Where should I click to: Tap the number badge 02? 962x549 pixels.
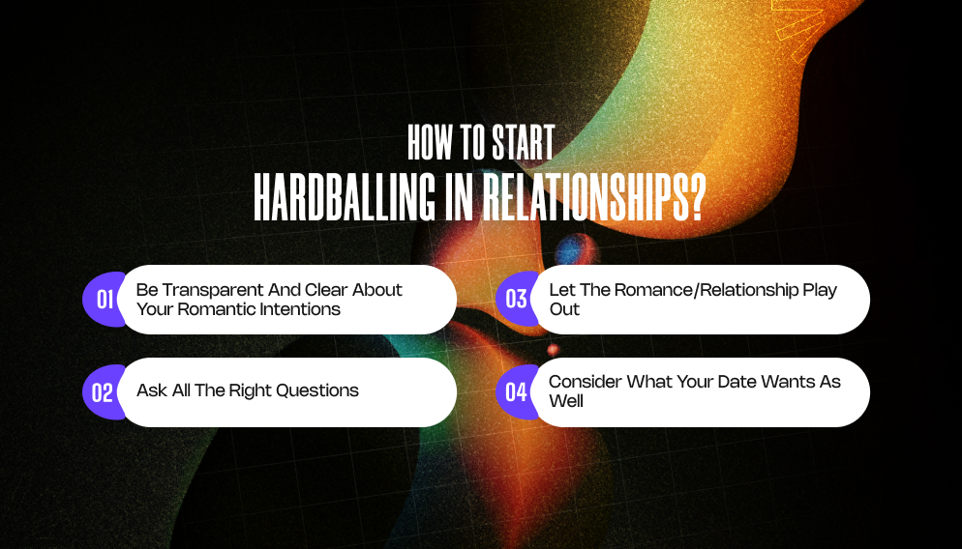click(104, 392)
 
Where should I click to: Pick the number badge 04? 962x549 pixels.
click(517, 392)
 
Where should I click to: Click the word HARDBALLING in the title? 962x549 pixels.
click(344, 199)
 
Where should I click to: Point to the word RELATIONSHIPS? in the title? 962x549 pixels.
click(589, 199)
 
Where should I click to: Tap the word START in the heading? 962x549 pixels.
click(521, 143)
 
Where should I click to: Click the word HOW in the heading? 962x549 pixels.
click(430, 143)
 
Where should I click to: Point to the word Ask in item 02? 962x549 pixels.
click(152, 390)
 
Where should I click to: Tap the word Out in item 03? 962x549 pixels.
click(564, 309)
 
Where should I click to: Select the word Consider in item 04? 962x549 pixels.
click(586, 382)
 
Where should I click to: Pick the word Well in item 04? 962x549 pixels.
click(566, 400)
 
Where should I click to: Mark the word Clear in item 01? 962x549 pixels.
click(327, 290)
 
